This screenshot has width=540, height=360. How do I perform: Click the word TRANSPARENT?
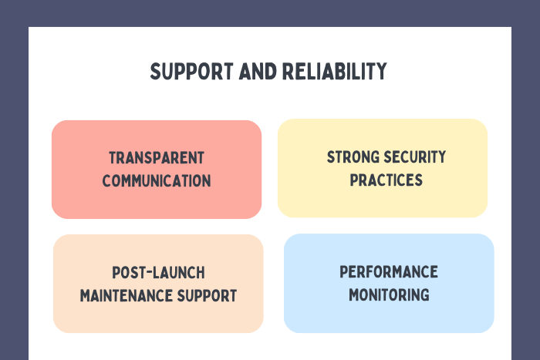tap(157, 158)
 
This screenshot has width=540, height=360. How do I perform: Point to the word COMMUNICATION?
tap(157, 181)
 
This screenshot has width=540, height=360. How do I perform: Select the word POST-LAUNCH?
tap(158, 273)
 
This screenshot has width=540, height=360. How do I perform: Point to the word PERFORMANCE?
tap(389, 272)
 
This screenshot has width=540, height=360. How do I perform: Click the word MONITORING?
tap(389, 294)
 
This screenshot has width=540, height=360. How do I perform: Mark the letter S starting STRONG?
tap(331, 157)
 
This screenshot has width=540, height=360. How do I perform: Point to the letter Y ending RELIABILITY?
tap(381, 72)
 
